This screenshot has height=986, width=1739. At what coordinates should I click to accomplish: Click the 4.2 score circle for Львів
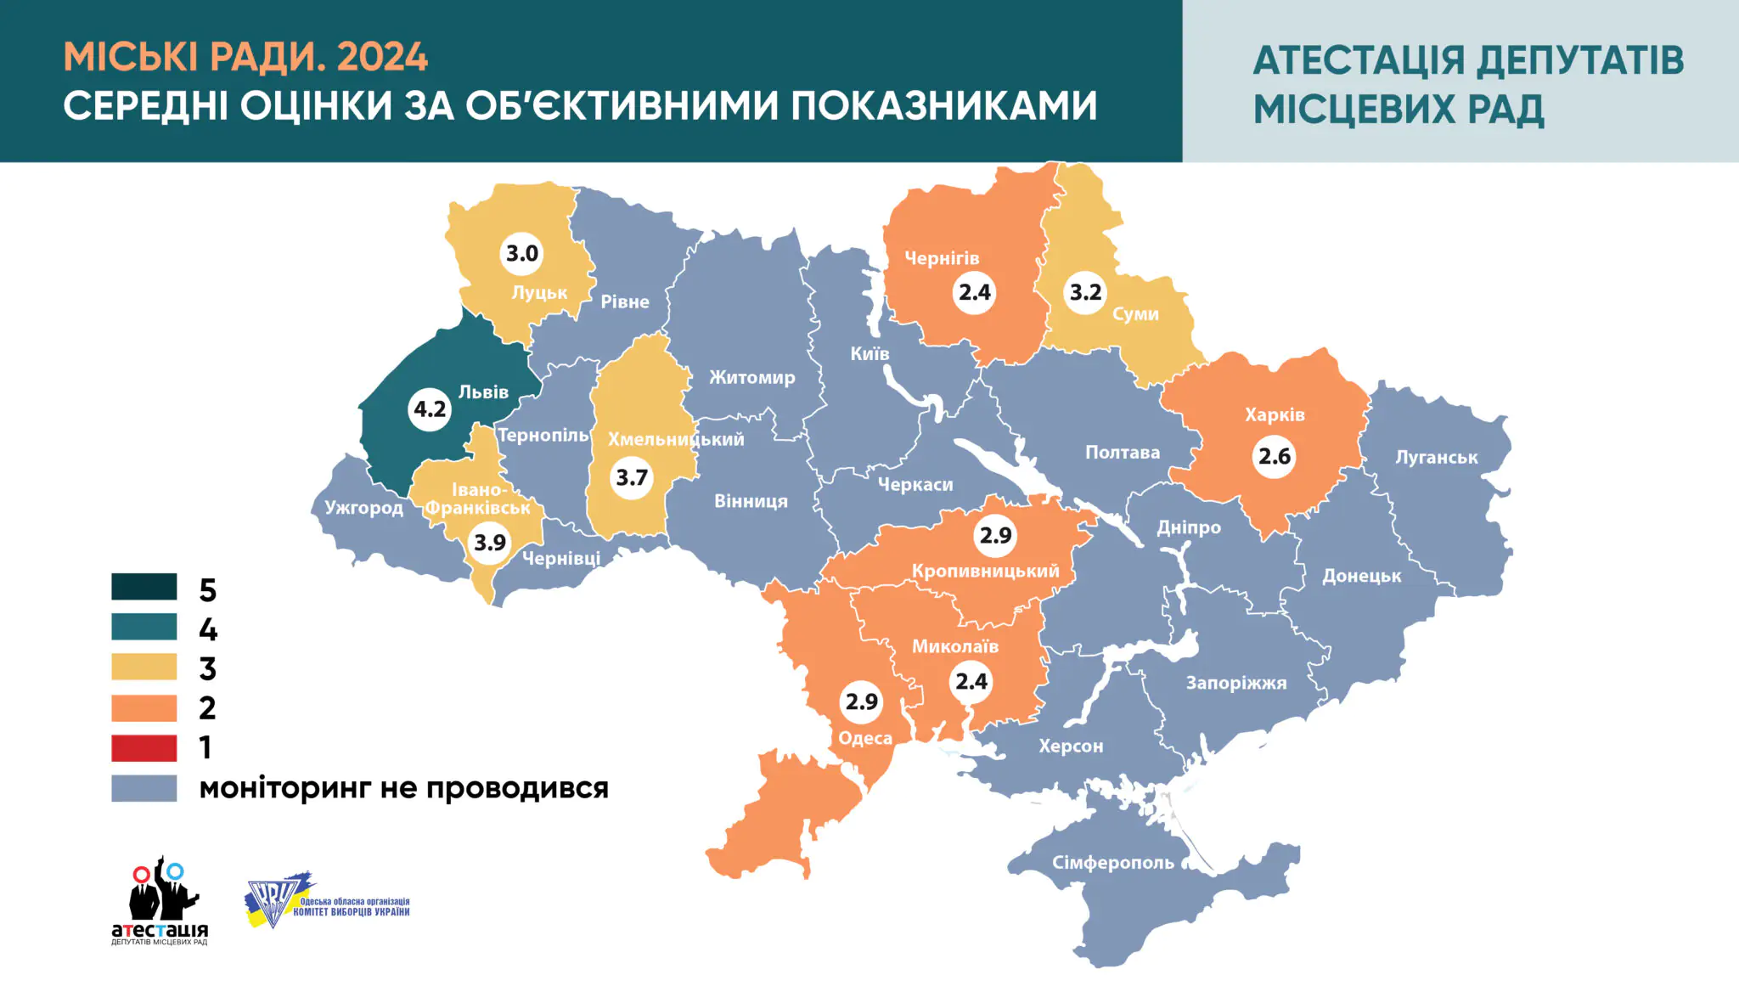point(430,409)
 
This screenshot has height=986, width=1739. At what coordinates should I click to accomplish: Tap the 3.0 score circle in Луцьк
point(521,253)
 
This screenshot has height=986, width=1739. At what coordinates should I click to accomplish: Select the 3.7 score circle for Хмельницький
point(632,477)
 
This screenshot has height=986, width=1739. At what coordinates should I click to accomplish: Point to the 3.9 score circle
point(490,542)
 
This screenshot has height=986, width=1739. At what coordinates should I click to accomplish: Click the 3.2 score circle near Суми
point(1085,292)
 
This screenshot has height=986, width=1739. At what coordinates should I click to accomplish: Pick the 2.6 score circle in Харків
point(1274,456)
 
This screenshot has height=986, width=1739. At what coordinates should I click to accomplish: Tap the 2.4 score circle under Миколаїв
point(971,681)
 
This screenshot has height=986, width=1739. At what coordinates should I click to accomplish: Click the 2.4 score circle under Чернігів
point(974,292)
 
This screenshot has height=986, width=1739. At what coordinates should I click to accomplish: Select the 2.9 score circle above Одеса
point(861,701)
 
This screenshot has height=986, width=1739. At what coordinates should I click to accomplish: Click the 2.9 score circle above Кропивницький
point(995,535)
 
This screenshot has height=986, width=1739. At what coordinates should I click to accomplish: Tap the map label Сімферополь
point(1112,863)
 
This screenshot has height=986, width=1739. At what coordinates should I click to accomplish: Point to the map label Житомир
point(752,377)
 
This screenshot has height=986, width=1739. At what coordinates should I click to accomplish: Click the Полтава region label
point(1122,453)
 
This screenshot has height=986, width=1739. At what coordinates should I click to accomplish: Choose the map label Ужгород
point(363,508)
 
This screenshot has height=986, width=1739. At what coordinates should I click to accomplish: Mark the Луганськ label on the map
point(1436,457)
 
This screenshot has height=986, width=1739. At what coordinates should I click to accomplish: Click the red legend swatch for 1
point(144,748)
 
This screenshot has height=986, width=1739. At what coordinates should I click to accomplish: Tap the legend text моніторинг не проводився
point(403,788)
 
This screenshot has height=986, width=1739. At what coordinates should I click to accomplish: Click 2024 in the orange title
point(382,58)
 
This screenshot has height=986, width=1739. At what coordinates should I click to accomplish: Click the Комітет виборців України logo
point(327,902)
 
